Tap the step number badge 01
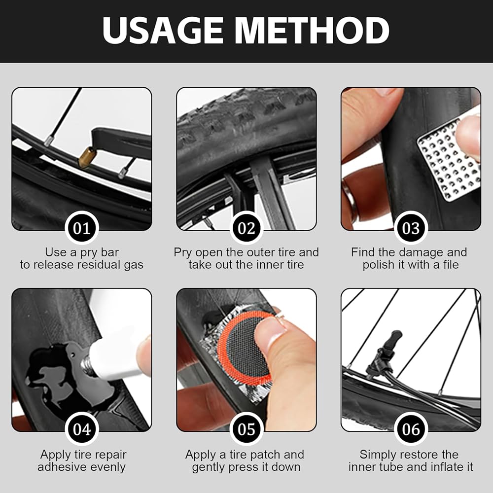tap(82, 228)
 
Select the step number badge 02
tap(246, 228)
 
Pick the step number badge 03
tap(411, 228)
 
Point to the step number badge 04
tap(82, 429)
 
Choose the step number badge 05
tap(246, 429)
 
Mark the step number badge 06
tap(411, 429)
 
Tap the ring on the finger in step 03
tap(350, 198)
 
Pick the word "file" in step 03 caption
tap(451, 265)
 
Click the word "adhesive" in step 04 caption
tap(63, 467)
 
